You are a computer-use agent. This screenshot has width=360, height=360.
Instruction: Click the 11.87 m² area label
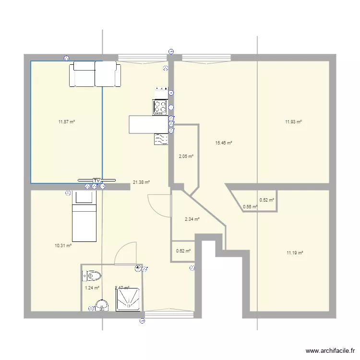tap(67, 122)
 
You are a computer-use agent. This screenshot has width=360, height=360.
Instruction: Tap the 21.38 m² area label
tap(141, 182)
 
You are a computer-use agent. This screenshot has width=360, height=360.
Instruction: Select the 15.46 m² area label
tap(224, 143)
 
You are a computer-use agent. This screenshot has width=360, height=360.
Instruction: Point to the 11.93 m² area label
tap(293, 122)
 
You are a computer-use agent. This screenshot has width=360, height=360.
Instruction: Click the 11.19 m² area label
tap(294, 253)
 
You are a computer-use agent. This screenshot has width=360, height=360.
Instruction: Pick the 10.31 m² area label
tap(63, 245)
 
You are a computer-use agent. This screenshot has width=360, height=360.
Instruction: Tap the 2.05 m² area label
tap(186, 156)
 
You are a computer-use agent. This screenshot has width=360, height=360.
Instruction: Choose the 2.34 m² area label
tap(192, 219)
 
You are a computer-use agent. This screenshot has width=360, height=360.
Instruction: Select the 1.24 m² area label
tap(92, 288)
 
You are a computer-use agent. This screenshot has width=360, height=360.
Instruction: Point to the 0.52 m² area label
tap(267, 200)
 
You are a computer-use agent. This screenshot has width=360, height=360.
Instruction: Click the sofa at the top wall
tap(95, 74)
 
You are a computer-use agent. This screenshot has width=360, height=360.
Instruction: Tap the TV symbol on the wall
tap(96, 180)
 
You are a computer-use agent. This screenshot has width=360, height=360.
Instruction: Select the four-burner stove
tap(160, 107)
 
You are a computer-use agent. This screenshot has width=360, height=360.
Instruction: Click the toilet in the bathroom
tap(92, 276)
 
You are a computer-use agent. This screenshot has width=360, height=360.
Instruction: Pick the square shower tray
tap(128, 300)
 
